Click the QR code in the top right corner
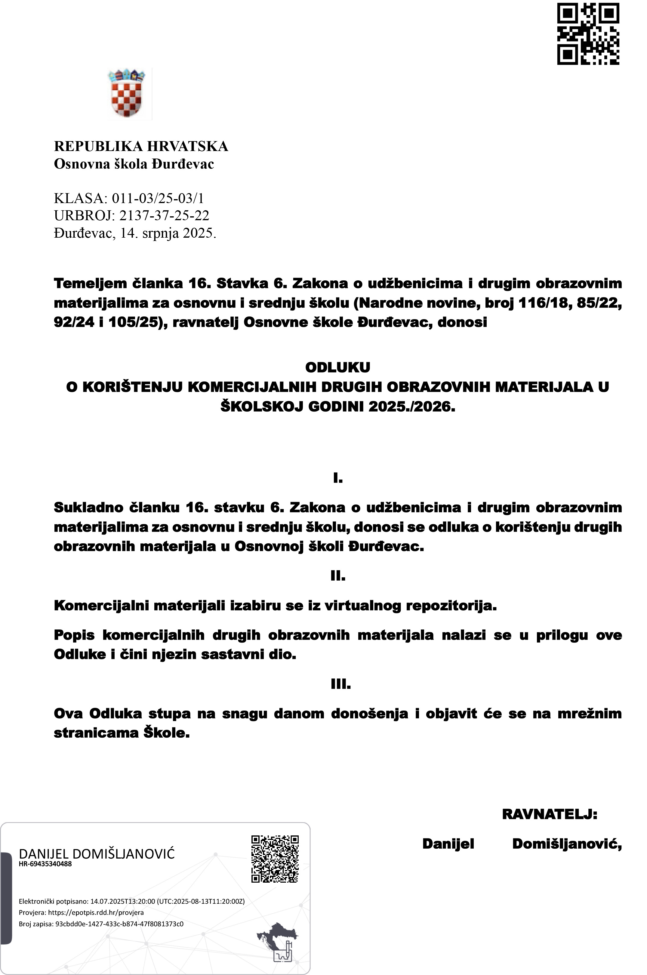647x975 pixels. click(588, 33)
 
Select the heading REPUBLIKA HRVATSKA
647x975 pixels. click(141, 147)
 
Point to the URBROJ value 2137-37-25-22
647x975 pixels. click(164, 215)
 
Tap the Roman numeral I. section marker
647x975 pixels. click(337, 479)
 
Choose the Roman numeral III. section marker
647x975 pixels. click(340, 684)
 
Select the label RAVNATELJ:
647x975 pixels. click(549, 814)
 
